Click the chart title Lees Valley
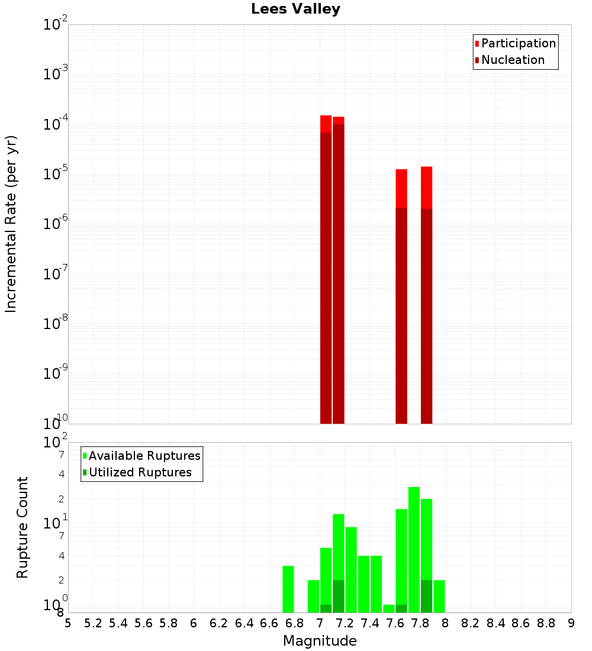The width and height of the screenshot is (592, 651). (295, 9)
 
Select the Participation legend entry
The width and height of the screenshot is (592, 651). (519, 43)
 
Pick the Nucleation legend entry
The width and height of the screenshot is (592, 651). (513, 60)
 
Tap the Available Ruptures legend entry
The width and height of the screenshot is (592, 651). (144, 456)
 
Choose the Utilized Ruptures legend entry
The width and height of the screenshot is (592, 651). (140, 472)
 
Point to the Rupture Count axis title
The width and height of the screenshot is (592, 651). (22, 527)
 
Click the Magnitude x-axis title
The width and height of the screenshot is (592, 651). (320, 641)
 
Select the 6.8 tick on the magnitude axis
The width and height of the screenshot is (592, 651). (294, 623)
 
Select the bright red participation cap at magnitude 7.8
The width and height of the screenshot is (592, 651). (426, 188)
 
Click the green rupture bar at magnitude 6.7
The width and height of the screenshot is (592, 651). (288, 589)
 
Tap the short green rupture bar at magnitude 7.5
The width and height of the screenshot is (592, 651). (389, 608)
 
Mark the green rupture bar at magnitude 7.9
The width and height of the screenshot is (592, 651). (439, 596)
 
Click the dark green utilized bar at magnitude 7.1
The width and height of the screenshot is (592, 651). (339, 596)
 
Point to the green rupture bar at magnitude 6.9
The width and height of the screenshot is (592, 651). (313, 596)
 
